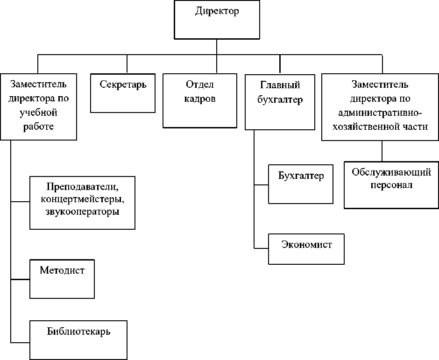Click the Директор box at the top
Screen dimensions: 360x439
click(x=216, y=20)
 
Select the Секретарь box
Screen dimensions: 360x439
click(x=123, y=93)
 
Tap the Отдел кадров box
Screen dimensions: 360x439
click(x=199, y=100)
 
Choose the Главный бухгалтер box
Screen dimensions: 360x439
click(x=280, y=103)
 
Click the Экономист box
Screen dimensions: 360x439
click(x=306, y=249)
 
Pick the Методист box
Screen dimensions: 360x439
click(x=62, y=279)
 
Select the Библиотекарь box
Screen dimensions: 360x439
click(x=78, y=339)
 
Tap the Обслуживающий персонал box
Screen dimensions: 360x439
click(x=391, y=185)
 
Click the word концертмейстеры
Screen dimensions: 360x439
click(x=83, y=200)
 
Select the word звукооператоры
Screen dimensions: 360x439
click(x=83, y=212)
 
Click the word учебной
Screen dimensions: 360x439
click(x=38, y=113)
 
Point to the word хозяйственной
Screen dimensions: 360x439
click(x=371, y=126)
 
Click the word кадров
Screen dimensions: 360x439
click(x=200, y=99)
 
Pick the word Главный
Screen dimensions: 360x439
click(x=280, y=85)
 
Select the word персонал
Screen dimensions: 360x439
click(x=391, y=185)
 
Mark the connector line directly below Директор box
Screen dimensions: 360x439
click(x=216, y=47)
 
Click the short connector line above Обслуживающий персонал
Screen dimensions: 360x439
click(x=382, y=150)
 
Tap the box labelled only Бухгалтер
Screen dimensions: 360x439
click(x=301, y=184)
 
